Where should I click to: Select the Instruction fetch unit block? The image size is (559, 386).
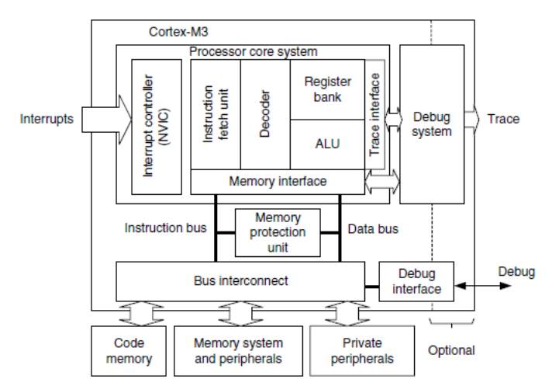(x=216, y=113)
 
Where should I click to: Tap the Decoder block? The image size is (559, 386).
(x=265, y=113)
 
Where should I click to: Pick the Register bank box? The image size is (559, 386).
(x=327, y=89)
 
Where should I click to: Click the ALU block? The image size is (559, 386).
(x=327, y=144)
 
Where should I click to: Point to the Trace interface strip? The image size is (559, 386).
(x=374, y=114)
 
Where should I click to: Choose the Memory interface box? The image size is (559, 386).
(x=278, y=182)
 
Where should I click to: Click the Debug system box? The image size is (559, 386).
(x=432, y=124)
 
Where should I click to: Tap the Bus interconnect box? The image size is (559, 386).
(x=240, y=280)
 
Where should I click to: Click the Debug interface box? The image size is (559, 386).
(x=416, y=282)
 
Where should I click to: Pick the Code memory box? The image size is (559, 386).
(x=129, y=350)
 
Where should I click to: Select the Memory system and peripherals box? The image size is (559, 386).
(x=238, y=350)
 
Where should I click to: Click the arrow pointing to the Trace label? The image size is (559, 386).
(x=472, y=120)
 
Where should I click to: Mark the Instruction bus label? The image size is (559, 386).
(x=165, y=228)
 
